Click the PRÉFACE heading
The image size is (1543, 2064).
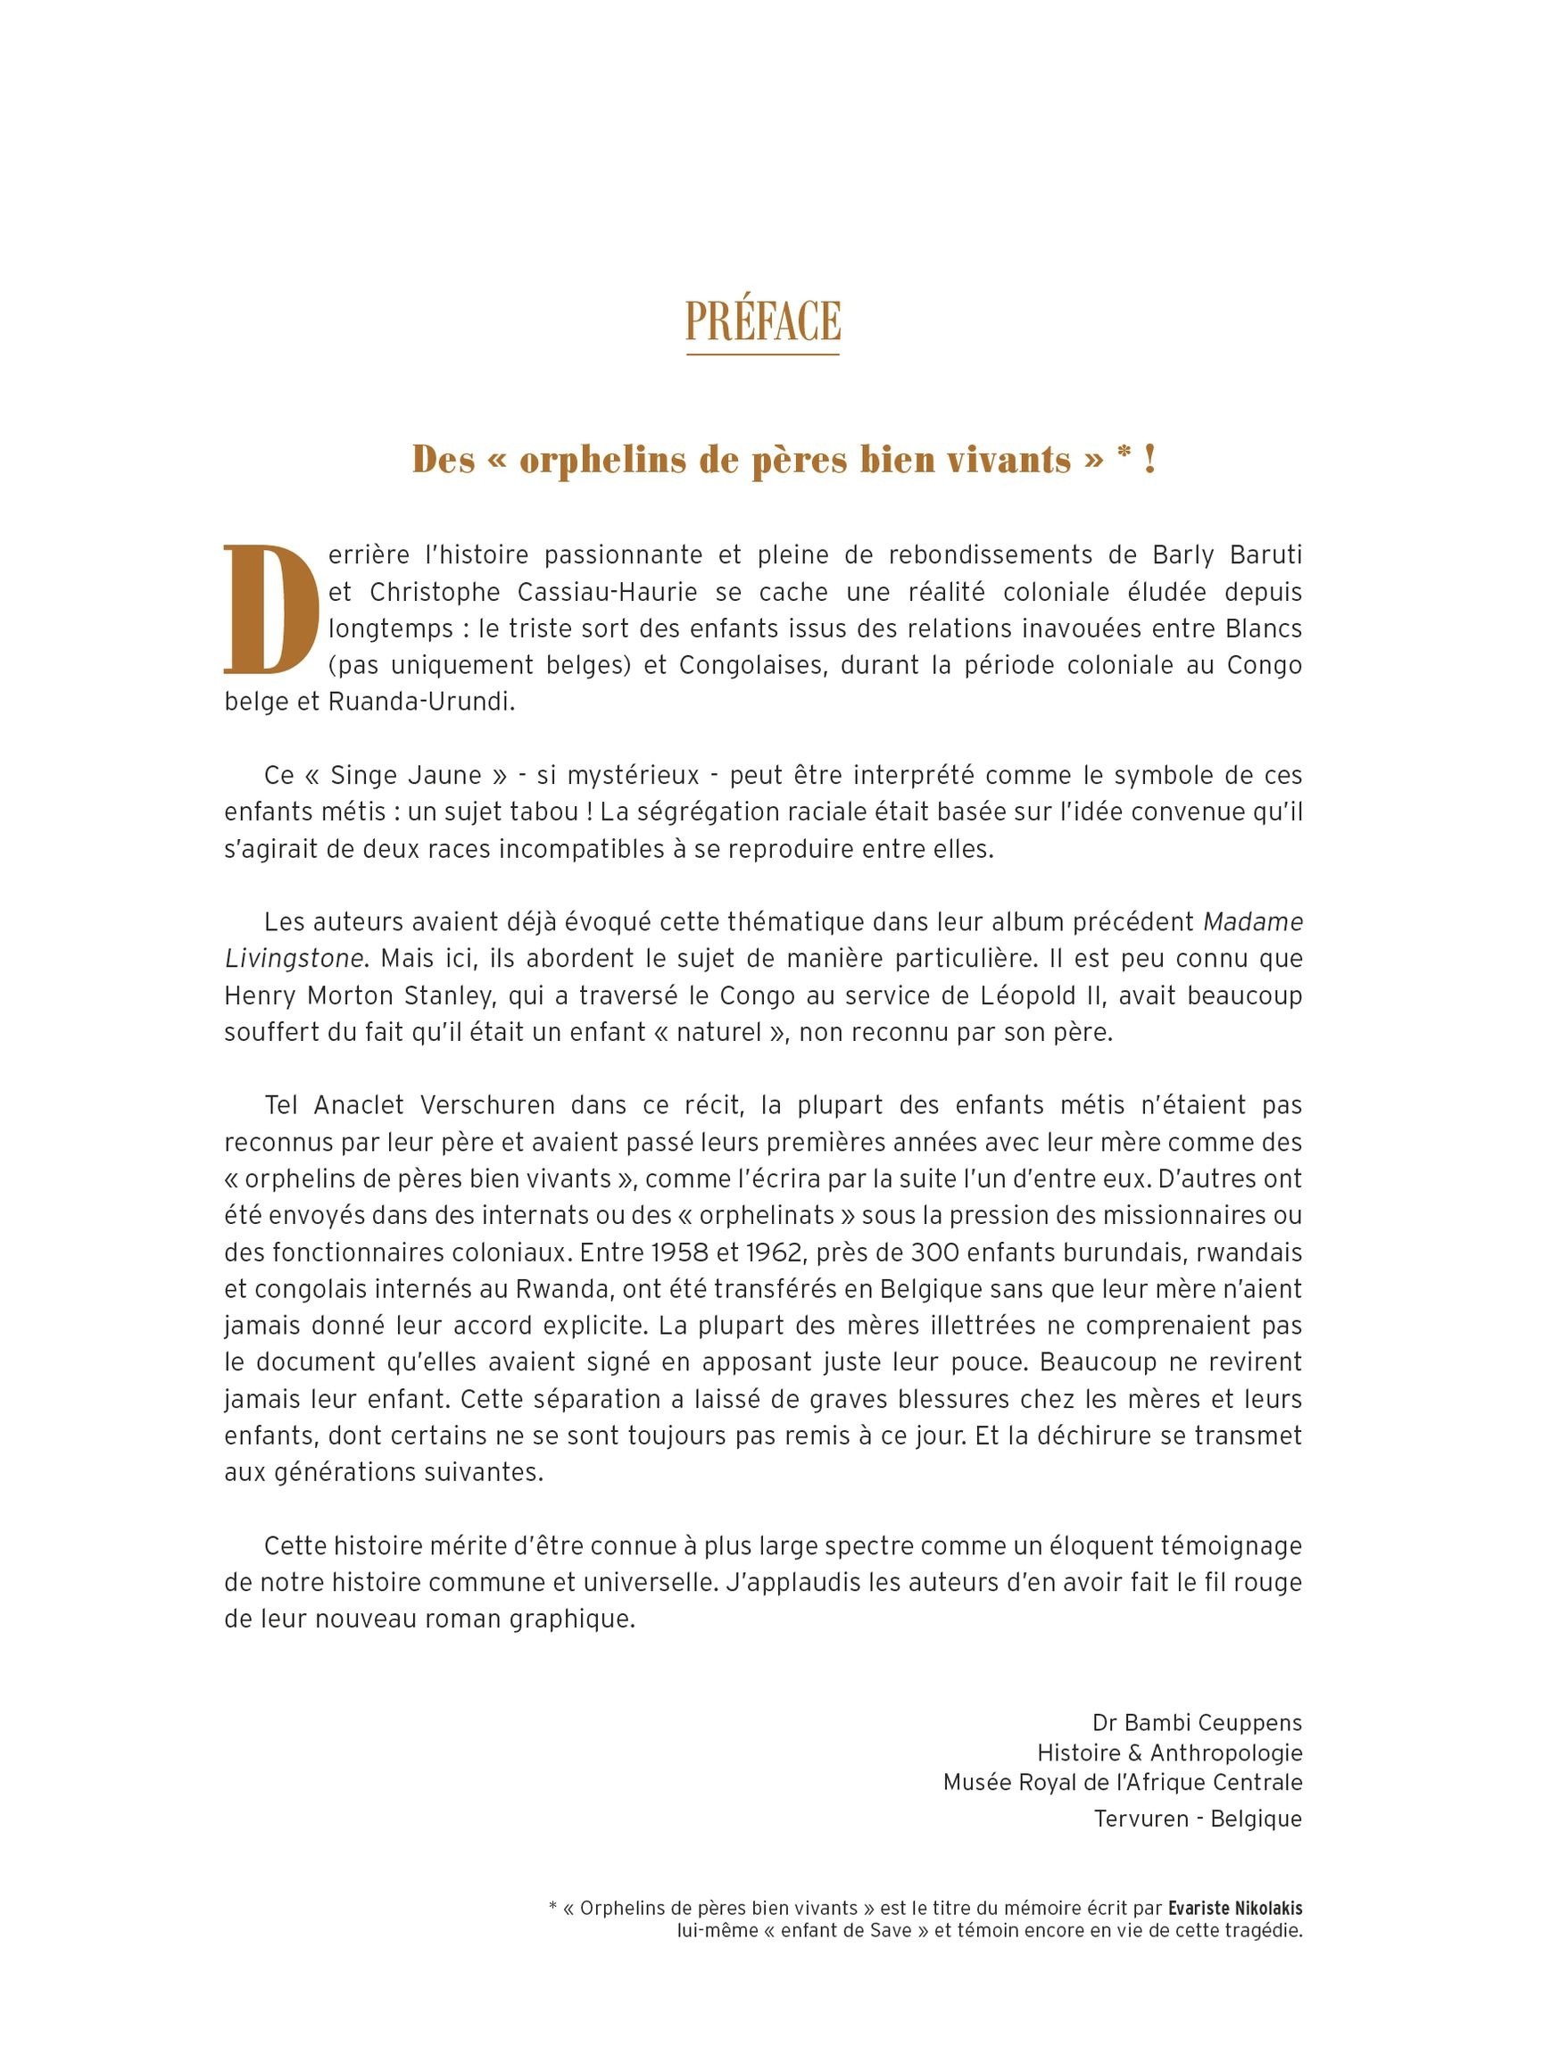762,322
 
